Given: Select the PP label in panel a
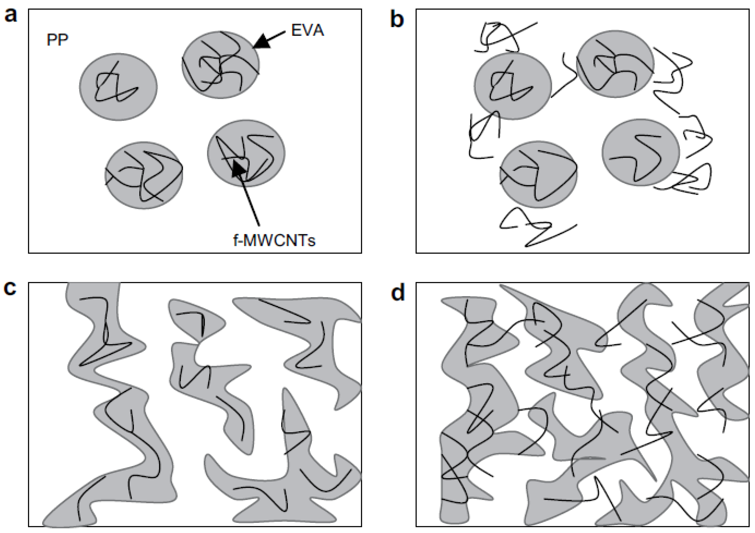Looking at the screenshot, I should tap(58, 40).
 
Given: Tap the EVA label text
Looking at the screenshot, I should tap(307, 30).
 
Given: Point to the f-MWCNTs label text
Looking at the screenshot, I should tap(274, 240).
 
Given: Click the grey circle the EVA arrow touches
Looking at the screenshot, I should tap(221, 64).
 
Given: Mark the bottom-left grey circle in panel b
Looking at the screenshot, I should tap(538, 174).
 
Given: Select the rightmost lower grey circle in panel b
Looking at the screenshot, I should tap(640, 152).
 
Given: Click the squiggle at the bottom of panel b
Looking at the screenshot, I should tap(536, 227).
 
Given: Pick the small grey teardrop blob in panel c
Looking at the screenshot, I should tap(197, 317).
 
